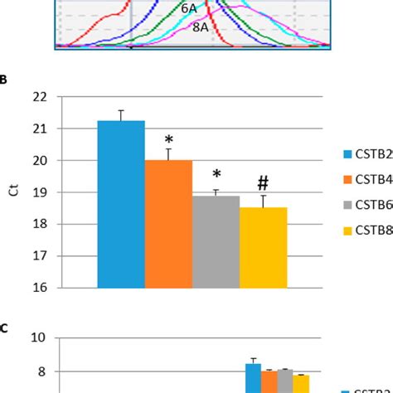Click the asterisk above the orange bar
[x=168, y=140]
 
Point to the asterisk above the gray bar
[x=216, y=176]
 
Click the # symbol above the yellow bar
[x=263, y=183]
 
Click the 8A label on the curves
[x=201, y=27]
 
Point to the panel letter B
[x=4, y=80]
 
